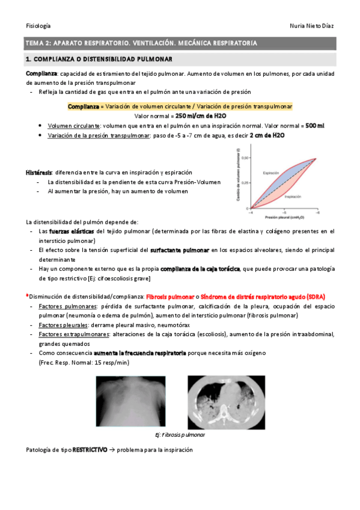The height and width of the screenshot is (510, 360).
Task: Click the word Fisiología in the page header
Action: [x=38, y=26]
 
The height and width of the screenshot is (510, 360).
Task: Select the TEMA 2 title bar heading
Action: [x=141, y=43]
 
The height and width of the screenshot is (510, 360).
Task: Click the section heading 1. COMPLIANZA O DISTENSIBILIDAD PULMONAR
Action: [x=99, y=60]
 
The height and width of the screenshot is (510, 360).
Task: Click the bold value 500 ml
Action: [x=314, y=125]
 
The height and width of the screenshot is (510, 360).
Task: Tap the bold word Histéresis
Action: [x=38, y=172]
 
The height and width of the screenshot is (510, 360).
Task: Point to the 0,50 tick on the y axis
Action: [x=245, y=158]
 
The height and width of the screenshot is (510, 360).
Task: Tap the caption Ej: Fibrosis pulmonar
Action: [x=180, y=434]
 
